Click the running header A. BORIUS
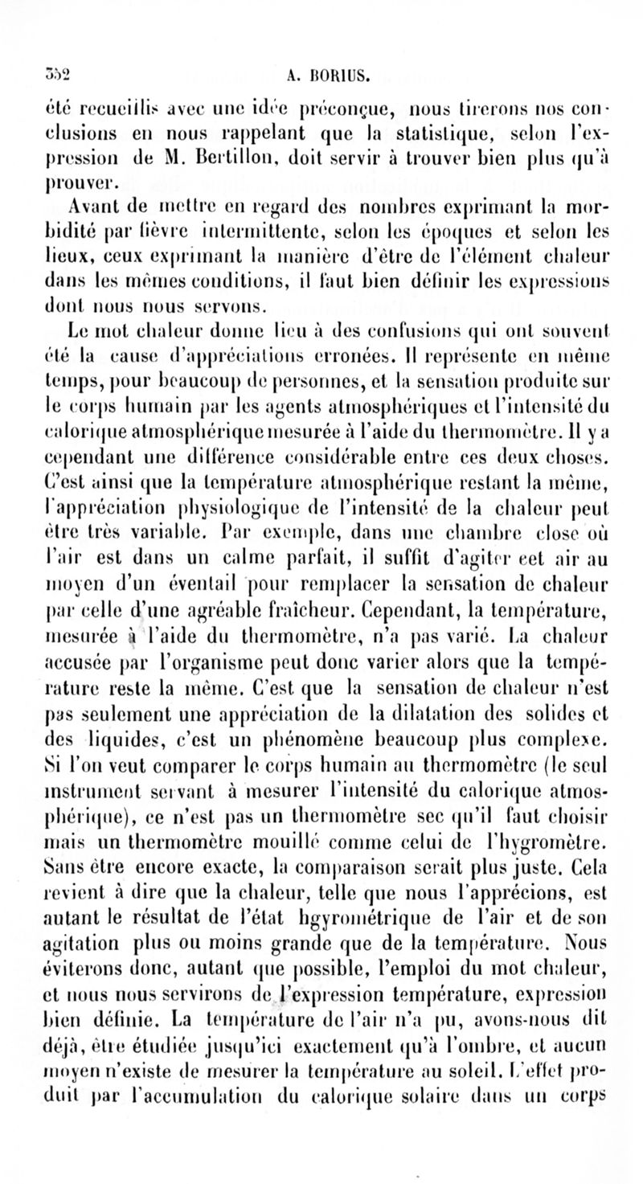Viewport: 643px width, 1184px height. point(325,77)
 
